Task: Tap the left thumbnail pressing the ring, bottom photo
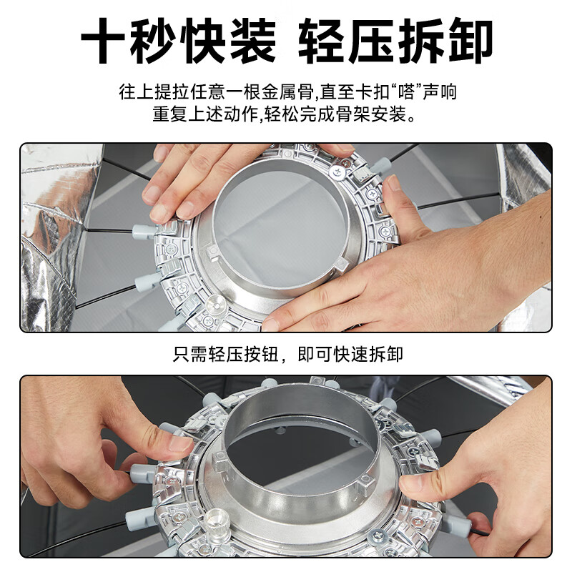tap(179, 445)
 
